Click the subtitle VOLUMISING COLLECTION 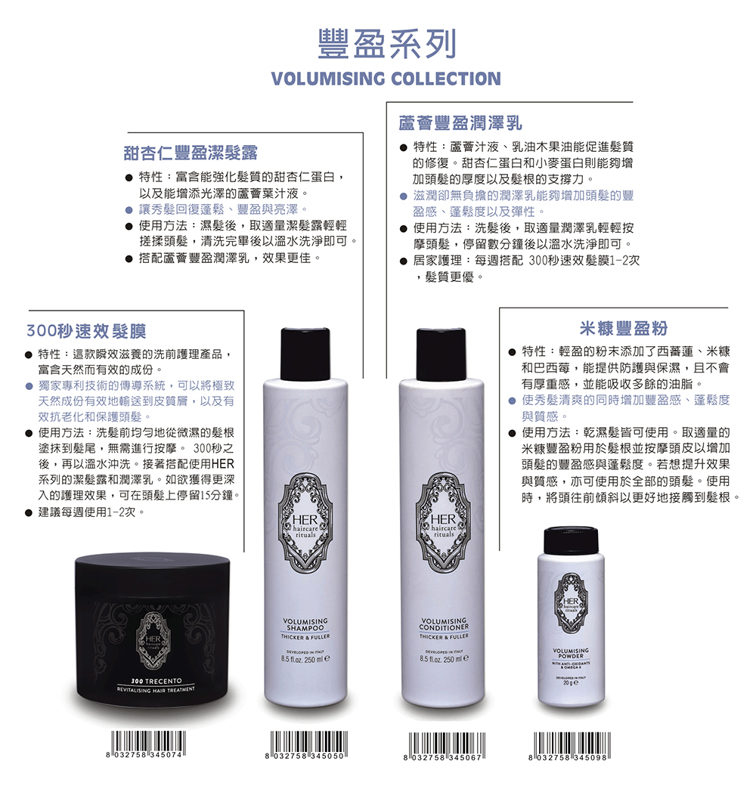(x=386, y=79)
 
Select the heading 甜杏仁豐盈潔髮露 (x=191, y=153)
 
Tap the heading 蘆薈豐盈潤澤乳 (x=461, y=122)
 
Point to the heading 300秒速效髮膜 (x=85, y=330)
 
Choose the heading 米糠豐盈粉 (x=624, y=328)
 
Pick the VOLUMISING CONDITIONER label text (x=445, y=624)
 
